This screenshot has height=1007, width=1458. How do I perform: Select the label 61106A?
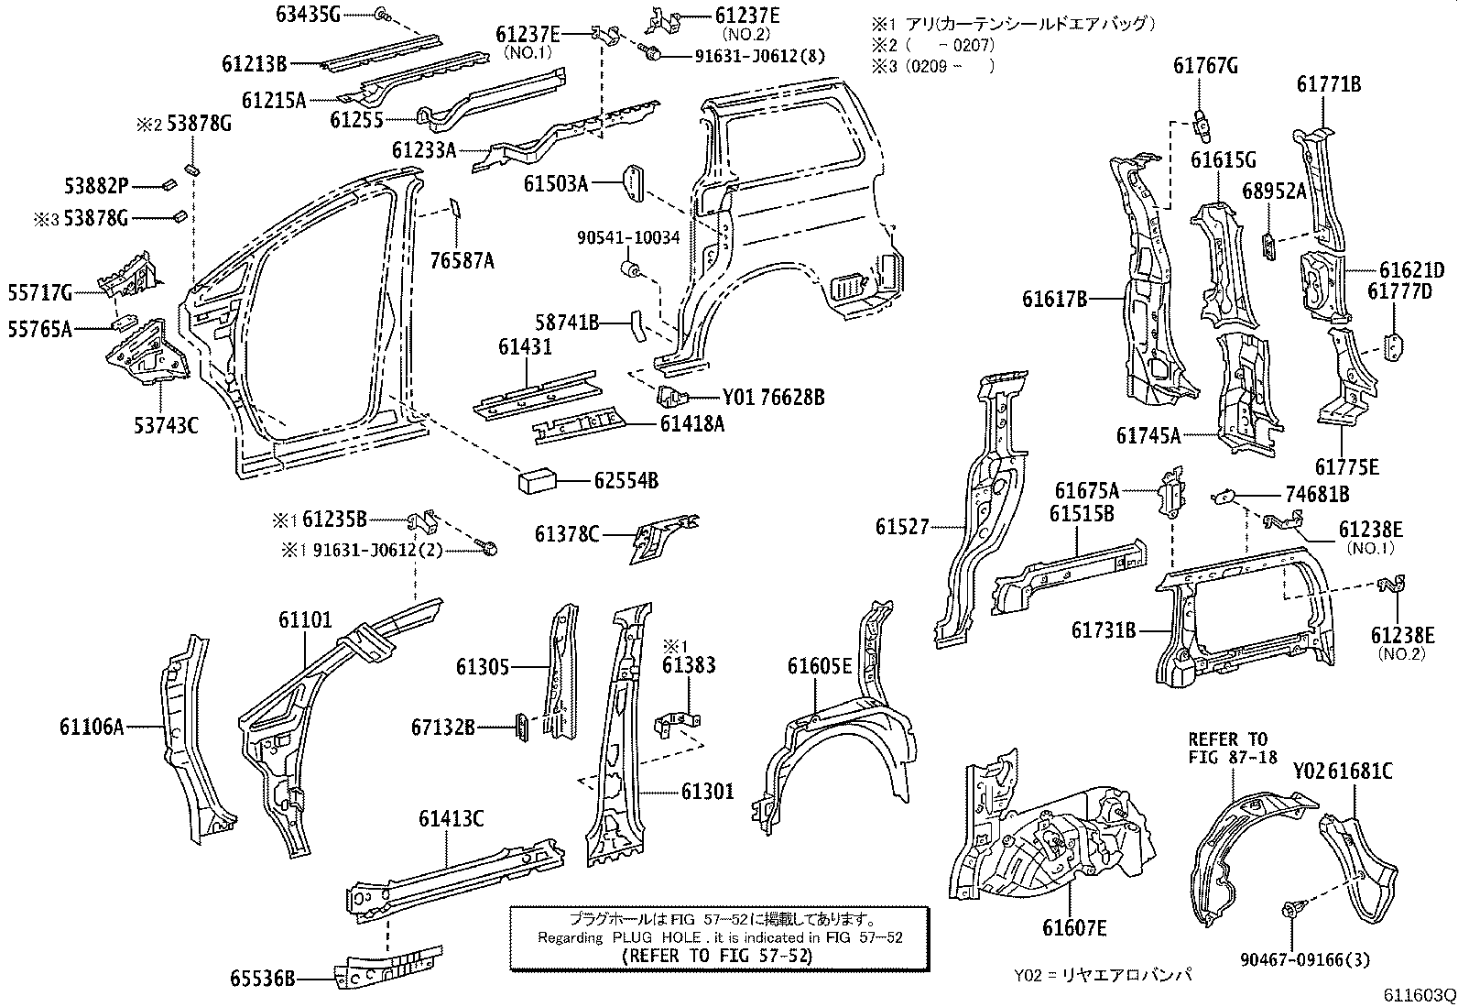click(x=92, y=728)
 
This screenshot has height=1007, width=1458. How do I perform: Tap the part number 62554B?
click(x=626, y=480)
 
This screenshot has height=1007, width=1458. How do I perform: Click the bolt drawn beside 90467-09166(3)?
click(x=1292, y=912)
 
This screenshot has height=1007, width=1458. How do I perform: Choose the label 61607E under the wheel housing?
click(x=1073, y=929)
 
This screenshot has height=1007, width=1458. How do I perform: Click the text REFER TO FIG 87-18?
click(x=1227, y=748)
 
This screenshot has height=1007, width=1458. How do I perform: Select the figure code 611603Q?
click(x=1419, y=994)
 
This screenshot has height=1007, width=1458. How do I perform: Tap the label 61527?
click(x=901, y=527)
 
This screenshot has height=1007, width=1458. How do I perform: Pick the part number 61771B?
click(x=1328, y=84)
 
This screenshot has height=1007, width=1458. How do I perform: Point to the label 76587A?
click(x=462, y=262)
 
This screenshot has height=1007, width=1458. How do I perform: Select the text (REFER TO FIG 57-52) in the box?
click(x=717, y=955)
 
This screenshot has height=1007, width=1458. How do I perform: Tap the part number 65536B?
click(x=263, y=980)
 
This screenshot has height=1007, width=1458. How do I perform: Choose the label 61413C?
click(x=452, y=819)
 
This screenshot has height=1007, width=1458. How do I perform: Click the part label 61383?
click(x=688, y=665)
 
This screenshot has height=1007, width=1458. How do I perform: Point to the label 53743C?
click(x=166, y=425)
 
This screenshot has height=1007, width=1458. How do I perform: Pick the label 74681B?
click(x=1317, y=495)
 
